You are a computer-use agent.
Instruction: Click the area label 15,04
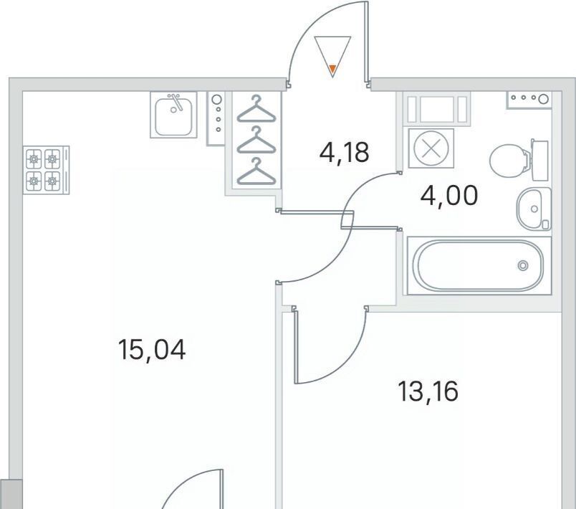[x=152, y=350]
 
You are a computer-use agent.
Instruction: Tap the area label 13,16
[x=428, y=391]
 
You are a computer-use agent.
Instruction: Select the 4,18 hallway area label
[x=344, y=153]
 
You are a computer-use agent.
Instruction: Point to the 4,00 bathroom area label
[x=449, y=195]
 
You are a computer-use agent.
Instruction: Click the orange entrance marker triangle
[x=332, y=69]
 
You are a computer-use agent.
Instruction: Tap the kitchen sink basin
[x=173, y=115]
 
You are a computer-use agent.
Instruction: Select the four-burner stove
[x=47, y=170]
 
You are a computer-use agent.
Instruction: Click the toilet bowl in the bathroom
[x=509, y=161]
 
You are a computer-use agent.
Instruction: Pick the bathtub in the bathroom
[x=479, y=265]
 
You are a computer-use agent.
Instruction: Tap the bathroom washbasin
[x=534, y=209]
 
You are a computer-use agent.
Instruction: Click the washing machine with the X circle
[x=431, y=148]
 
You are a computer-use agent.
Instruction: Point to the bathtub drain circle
[x=523, y=265]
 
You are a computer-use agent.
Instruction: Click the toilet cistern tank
[x=539, y=161]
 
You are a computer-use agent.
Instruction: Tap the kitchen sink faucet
[x=176, y=102]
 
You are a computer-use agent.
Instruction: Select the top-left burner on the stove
[x=34, y=159]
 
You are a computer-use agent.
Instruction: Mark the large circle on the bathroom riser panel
[x=543, y=98]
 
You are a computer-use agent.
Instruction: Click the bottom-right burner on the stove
[x=52, y=181]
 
